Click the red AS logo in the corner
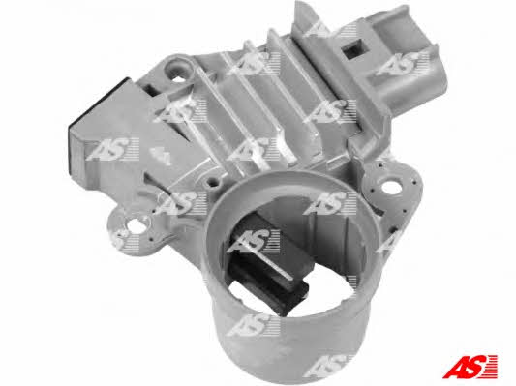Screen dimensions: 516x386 [470, 367]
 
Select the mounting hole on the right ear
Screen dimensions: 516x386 [394, 187]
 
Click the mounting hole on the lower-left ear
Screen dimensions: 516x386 [135, 225]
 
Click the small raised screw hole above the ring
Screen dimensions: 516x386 [214, 180]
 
